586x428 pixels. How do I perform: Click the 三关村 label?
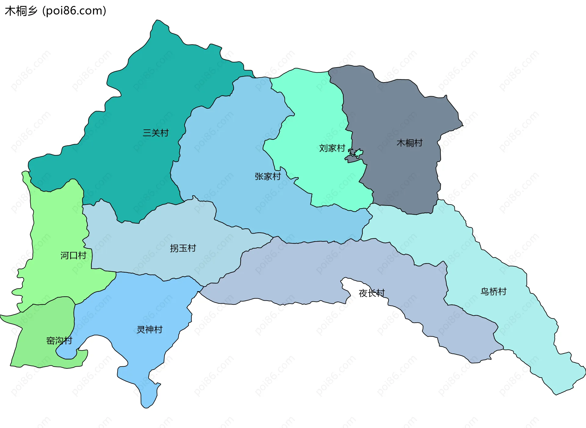coord(156,133)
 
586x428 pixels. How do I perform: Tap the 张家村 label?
coord(268,176)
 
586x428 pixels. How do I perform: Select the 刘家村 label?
coord(332,148)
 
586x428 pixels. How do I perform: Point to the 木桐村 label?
coord(409,143)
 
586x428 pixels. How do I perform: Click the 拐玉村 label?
coord(183,248)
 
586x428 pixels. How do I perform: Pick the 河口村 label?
coord(73,256)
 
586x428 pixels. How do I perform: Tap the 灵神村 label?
coord(150,330)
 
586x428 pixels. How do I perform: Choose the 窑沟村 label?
coord(59,340)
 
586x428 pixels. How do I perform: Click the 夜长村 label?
coord(371,293)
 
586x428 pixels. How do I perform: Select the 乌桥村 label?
coord(493,292)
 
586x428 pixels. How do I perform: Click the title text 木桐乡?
coord(21,11)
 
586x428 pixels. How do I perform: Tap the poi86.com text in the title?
coord(74,11)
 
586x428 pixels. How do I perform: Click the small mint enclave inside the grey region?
coord(358,152)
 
